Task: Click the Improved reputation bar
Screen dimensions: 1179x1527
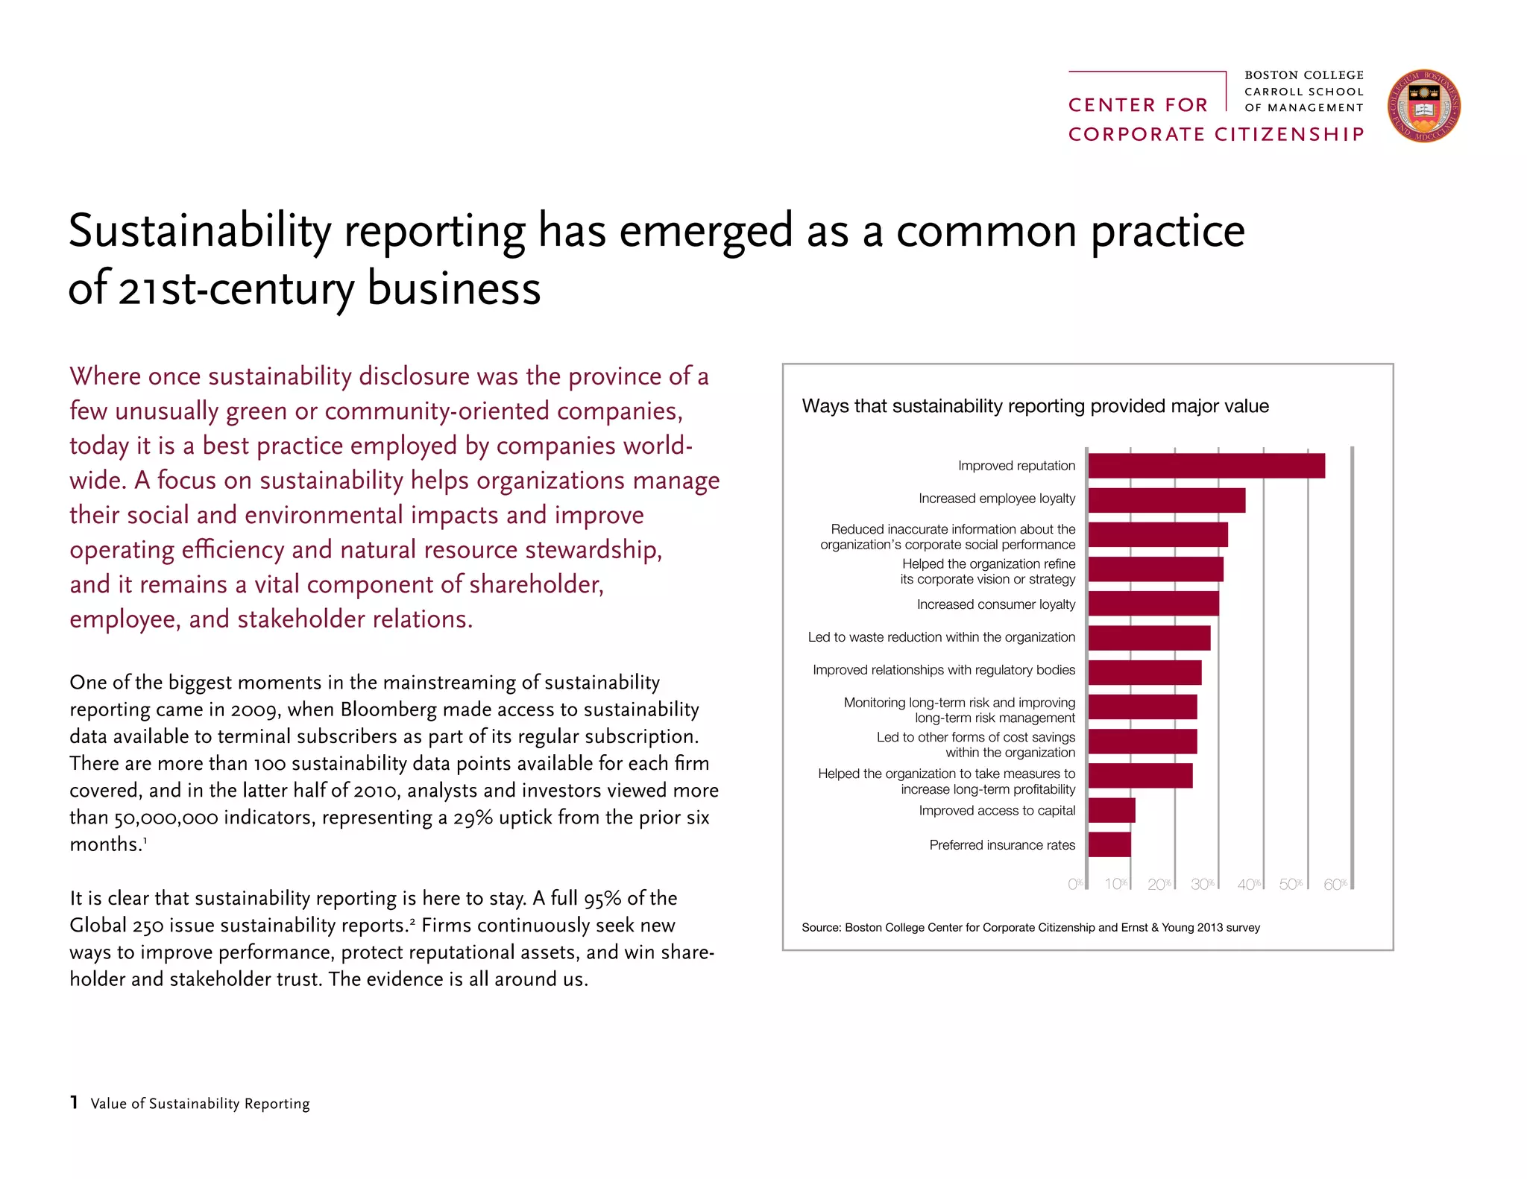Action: [x=1206, y=466]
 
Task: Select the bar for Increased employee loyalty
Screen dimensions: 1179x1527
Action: [x=1166, y=500]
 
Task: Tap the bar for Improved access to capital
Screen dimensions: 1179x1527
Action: [x=1111, y=810]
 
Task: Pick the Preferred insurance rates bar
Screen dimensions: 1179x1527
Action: [x=1109, y=844]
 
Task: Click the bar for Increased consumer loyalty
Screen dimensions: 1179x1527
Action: [x=1153, y=604]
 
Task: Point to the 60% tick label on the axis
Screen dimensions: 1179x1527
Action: [x=1335, y=885]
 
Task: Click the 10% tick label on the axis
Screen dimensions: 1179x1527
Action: [x=1115, y=884]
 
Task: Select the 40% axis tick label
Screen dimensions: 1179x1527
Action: [x=1248, y=885]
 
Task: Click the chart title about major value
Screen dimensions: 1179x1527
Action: [x=1035, y=406]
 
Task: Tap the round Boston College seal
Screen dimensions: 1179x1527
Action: [x=1423, y=107]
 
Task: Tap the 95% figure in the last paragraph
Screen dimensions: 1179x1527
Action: [x=602, y=899]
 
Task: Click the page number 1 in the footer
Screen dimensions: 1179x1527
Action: [x=74, y=1102]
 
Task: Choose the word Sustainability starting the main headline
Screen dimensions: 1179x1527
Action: [x=199, y=231]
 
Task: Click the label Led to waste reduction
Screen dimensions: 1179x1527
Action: [x=941, y=637]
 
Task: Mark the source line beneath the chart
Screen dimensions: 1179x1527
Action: [x=1030, y=928]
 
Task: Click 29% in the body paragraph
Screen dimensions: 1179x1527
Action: [x=473, y=818]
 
